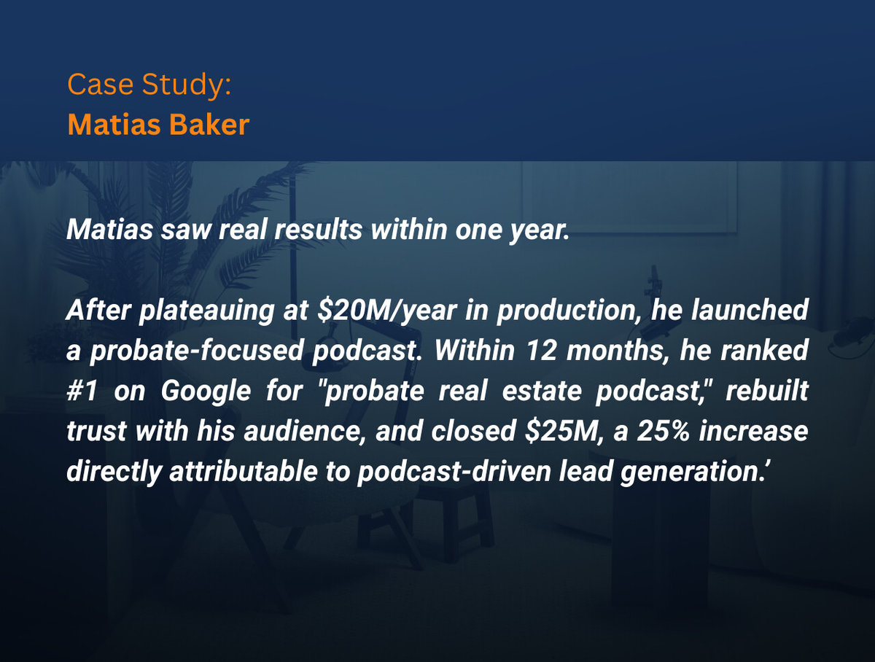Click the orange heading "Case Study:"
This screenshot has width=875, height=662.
point(149,85)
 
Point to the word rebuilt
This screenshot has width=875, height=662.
point(772,391)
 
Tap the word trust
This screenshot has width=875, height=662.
point(95,430)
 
